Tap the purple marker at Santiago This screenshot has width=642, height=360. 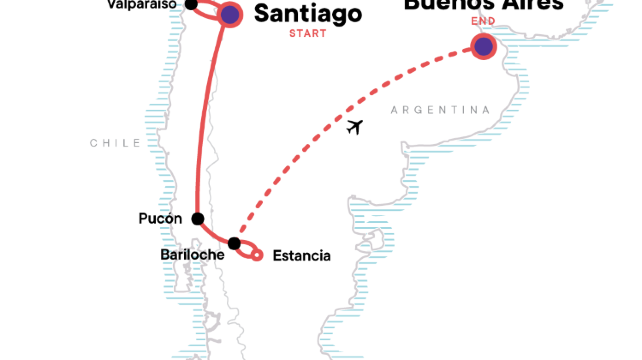pos(229,14)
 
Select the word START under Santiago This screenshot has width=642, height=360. pos(307,33)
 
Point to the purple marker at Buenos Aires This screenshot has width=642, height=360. pos(484,46)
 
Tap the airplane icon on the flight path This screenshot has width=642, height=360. pos(353,127)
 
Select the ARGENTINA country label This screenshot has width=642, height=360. pos(433,108)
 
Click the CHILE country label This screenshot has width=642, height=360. pos(115,143)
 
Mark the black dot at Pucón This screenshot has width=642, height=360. pos(198,219)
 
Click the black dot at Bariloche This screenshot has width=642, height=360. pos(234,243)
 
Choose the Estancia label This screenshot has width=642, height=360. pos(301,256)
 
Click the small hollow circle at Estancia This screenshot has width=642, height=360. pos(258,256)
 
